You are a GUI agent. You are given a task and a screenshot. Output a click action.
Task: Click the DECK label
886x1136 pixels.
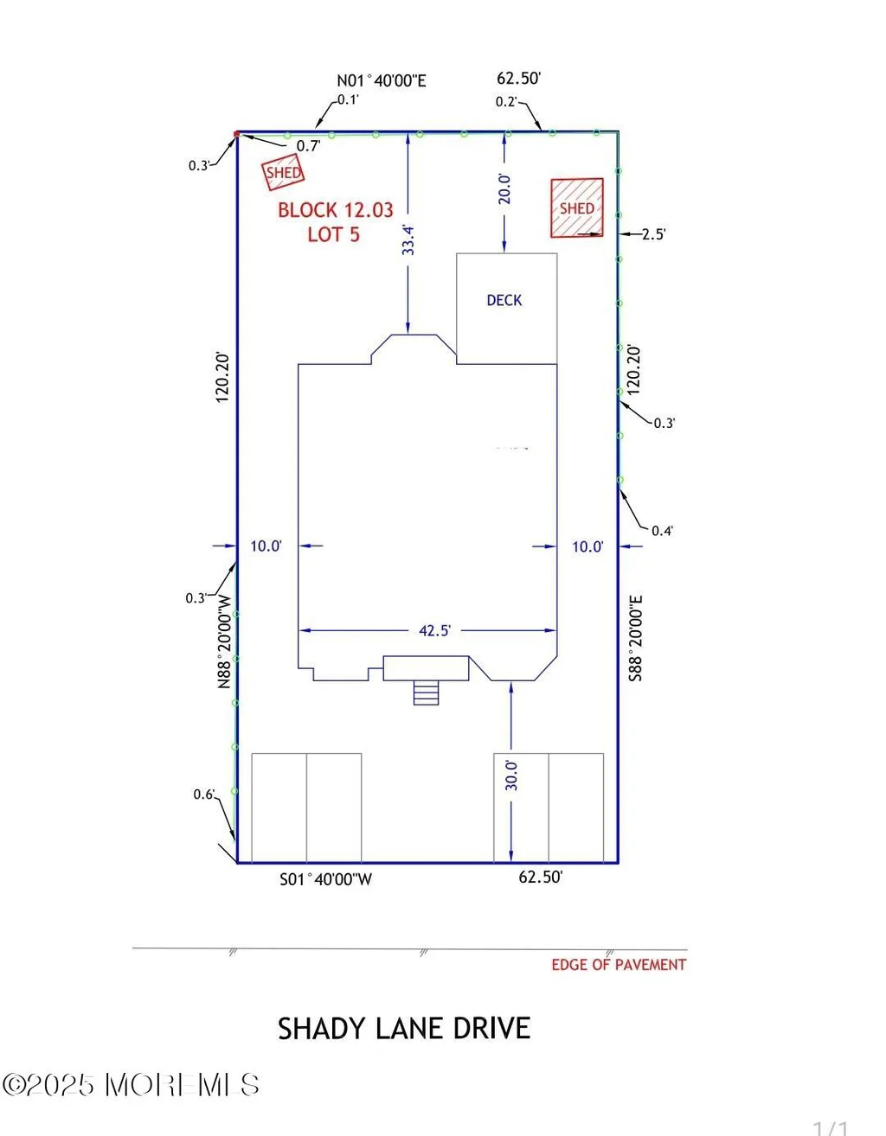pos(504,300)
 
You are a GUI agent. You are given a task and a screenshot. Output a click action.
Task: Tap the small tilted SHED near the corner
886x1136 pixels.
pos(283,173)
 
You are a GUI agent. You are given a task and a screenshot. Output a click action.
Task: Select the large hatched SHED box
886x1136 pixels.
pos(577,208)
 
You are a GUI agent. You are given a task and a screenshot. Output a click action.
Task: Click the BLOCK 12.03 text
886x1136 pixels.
pos(335,210)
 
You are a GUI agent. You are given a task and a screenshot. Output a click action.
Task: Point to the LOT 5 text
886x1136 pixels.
pos(334,235)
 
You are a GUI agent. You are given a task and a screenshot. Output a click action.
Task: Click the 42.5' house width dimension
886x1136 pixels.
pos(434,630)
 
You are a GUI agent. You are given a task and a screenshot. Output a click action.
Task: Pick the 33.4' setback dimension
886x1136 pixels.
pos(408,240)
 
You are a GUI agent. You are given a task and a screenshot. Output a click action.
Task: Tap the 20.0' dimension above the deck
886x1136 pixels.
pos(504,188)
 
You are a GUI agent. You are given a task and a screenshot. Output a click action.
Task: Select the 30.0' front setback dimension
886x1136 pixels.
pos(511,775)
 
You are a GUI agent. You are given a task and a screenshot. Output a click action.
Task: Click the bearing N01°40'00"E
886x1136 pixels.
pos(382,80)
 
